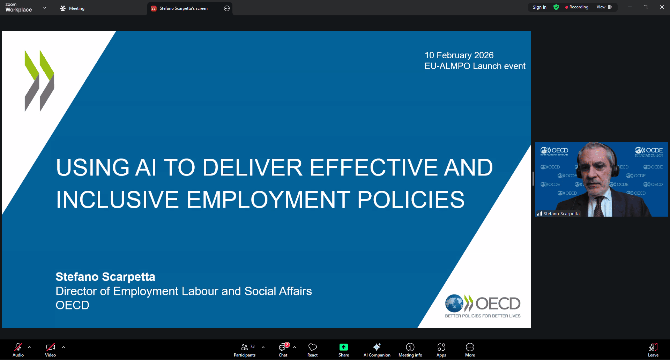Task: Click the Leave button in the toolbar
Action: pyautogui.click(x=653, y=350)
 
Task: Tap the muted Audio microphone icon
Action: pyautogui.click(x=18, y=347)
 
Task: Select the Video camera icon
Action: pyautogui.click(x=51, y=347)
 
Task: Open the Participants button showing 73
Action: pyautogui.click(x=245, y=350)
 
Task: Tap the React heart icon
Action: pyautogui.click(x=313, y=347)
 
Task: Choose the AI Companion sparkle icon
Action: pyautogui.click(x=377, y=347)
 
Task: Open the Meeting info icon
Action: pyautogui.click(x=410, y=347)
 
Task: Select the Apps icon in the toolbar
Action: pyautogui.click(x=441, y=347)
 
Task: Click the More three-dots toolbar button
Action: pyautogui.click(x=470, y=347)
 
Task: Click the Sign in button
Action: pyautogui.click(x=539, y=7)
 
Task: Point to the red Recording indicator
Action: pyautogui.click(x=577, y=7)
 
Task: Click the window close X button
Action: pyautogui.click(x=662, y=7)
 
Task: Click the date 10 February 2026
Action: pyautogui.click(x=459, y=55)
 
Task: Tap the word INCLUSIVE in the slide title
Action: pyautogui.click(x=118, y=200)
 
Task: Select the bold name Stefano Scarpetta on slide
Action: pyautogui.click(x=105, y=277)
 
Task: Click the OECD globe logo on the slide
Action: pyautogui.click(x=454, y=303)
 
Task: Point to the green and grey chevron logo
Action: pyautogui.click(x=39, y=81)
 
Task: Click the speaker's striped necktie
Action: pyautogui.click(x=599, y=207)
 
